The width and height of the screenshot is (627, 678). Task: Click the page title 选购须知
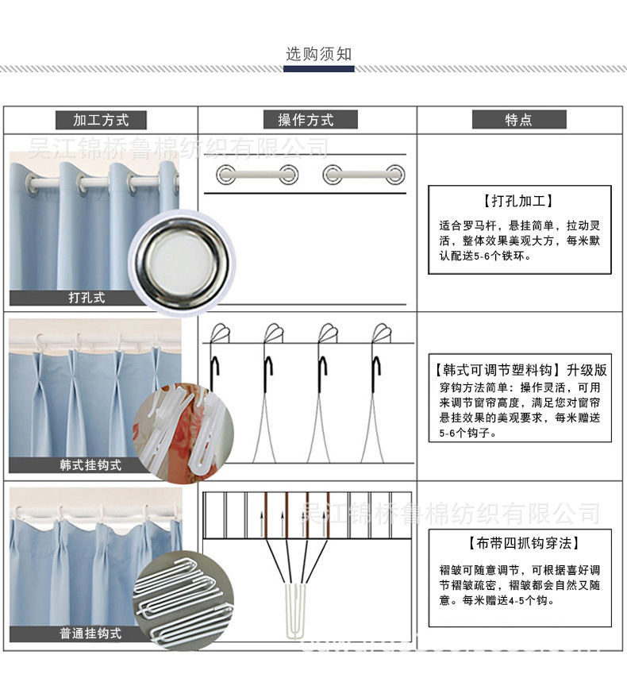pyautogui.click(x=318, y=54)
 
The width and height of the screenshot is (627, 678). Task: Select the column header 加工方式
pyautogui.click(x=101, y=120)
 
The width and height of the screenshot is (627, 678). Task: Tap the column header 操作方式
pyautogui.click(x=306, y=120)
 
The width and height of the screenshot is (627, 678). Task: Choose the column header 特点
pyautogui.click(x=518, y=120)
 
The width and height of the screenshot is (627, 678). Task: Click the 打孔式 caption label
pyautogui.click(x=87, y=299)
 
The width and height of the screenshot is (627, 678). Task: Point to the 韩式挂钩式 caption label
pyautogui.click(x=90, y=464)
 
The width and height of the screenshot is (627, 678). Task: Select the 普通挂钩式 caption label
pyautogui.click(x=90, y=634)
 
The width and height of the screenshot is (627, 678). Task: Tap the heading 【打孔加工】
pyautogui.click(x=518, y=202)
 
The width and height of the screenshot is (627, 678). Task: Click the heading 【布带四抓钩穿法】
pyautogui.click(x=520, y=544)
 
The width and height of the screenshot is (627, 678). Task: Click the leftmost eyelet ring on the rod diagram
pyautogui.click(x=225, y=174)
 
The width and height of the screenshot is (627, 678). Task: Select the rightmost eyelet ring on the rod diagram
pyautogui.click(x=394, y=174)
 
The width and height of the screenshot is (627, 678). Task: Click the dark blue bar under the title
pyautogui.click(x=318, y=69)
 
